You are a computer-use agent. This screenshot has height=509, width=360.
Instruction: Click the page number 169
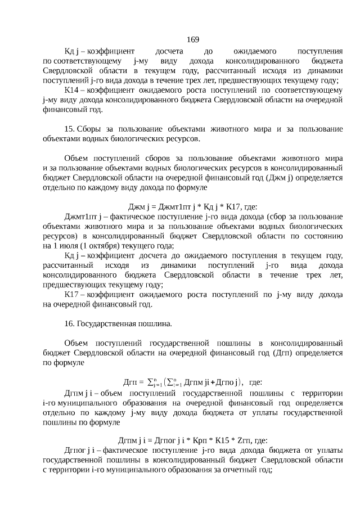pyautogui.click(x=192, y=39)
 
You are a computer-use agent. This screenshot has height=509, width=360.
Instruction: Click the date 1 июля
pyautogui.click(x=65, y=245)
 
